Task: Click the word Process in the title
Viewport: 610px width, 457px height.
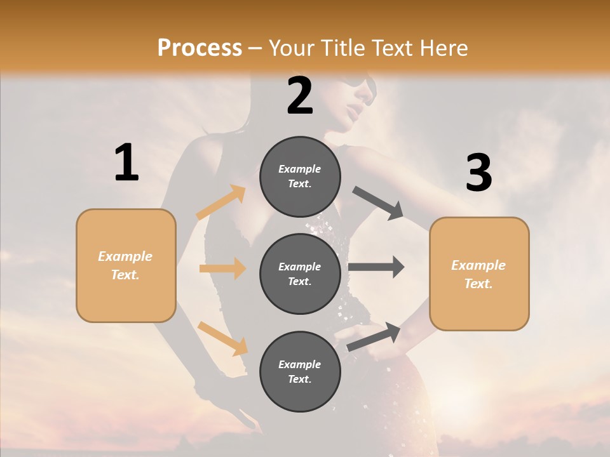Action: pyautogui.click(x=200, y=48)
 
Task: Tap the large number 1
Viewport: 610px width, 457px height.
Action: pyautogui.click(x=126, y=162)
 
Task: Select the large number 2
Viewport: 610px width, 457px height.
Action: pyautogui.click(x=300, y=95)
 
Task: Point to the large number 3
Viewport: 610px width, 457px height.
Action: pyautogui.click(x=478, y=173)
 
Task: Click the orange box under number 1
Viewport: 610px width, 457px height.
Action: pyautogui.click(x=126, y=265)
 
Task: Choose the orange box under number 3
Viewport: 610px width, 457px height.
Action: pyautogui.click(x=479, y=274)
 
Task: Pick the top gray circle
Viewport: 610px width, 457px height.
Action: pyautogui.click(x=300, y=176)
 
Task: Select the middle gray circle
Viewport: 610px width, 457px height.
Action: pyautogui.click(x=300, y=274)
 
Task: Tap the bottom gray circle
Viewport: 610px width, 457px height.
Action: pyautogui.click(x=300, y=371)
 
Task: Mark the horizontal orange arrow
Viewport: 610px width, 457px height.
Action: pyautogui.click(x=222, y=268)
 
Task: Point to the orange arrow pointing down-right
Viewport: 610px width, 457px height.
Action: pyautogui.click(x=222, y=338)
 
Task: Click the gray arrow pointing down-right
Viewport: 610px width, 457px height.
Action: pyautogui.click(x=379, y=203)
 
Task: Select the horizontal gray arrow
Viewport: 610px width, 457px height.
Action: pyautogui.click(x=376, y=267)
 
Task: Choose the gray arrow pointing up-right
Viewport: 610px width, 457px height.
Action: pyautogui.click(x=374, y=336)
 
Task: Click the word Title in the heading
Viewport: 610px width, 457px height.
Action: pyautogui.click(x=346, y=48)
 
